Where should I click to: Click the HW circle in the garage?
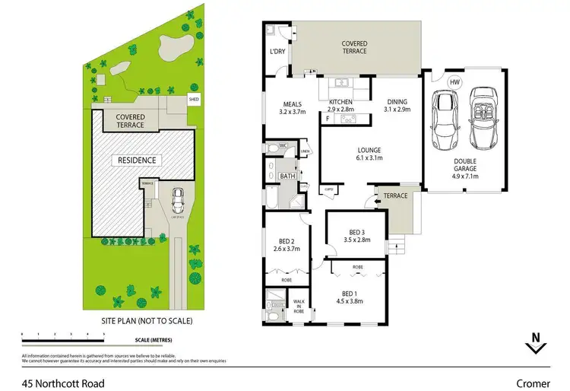pyautogui.click(x=454, y=82)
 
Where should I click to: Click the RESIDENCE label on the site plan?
pyautogui.click(x=136, y=161)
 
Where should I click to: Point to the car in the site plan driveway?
pyautogui.click(x=178, y=201)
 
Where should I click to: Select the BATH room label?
pyautogui.click(x=287, y=176)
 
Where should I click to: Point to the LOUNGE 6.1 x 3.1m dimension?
pyautogui.click(x=370, y=159)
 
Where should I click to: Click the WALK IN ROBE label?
pyautogui.click(x=299, y=306)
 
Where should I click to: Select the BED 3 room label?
pyautogui.click(x=357, y=232)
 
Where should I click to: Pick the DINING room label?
pyautogui.click(x=397, y=102)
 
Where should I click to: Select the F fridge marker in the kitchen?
pyautogui.click(x=327, y=118)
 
